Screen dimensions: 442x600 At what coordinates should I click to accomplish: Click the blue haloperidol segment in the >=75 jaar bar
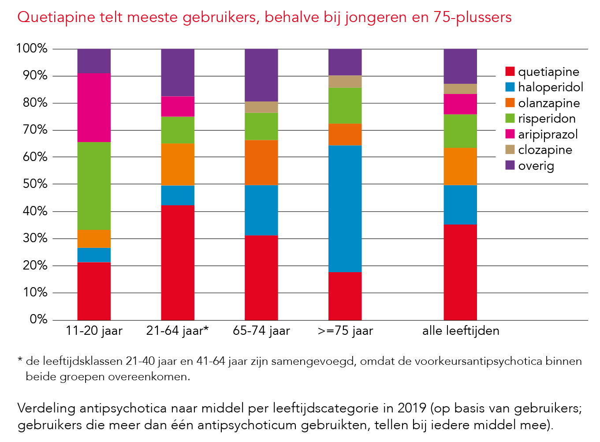[x=345, y=209]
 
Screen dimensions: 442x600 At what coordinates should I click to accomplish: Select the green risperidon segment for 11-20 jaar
[x=94, y=186]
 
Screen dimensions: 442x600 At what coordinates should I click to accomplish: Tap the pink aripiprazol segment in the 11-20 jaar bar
[x=94, y=108]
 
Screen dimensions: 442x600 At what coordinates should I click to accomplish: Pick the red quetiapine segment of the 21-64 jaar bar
[x=178, y=262]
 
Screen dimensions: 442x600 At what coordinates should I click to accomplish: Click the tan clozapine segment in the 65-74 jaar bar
[x=261, y=107]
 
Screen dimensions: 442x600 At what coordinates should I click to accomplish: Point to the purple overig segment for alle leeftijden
[x=460, y=66]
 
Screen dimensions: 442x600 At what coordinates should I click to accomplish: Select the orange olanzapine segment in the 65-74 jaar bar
[x=261, y=162]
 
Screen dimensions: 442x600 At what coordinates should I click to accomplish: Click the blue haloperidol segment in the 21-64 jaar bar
[x=178, y=195]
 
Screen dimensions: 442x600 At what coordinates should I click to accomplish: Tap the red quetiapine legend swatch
[x=510, y=71]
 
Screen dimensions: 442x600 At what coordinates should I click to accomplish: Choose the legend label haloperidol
[x=551, y=87]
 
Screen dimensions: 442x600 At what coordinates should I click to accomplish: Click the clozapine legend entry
[x=545, y=150]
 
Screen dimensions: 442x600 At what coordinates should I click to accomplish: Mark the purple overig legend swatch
[x=510, y=165]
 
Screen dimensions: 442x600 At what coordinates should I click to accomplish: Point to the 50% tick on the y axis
[x=32, y=184]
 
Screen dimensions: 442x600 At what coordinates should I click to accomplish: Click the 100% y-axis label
[x=31, y=49]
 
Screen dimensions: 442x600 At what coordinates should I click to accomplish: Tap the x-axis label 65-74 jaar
[x=261, y=331]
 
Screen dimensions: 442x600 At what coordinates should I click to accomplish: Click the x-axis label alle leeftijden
[x=461, y=331]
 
